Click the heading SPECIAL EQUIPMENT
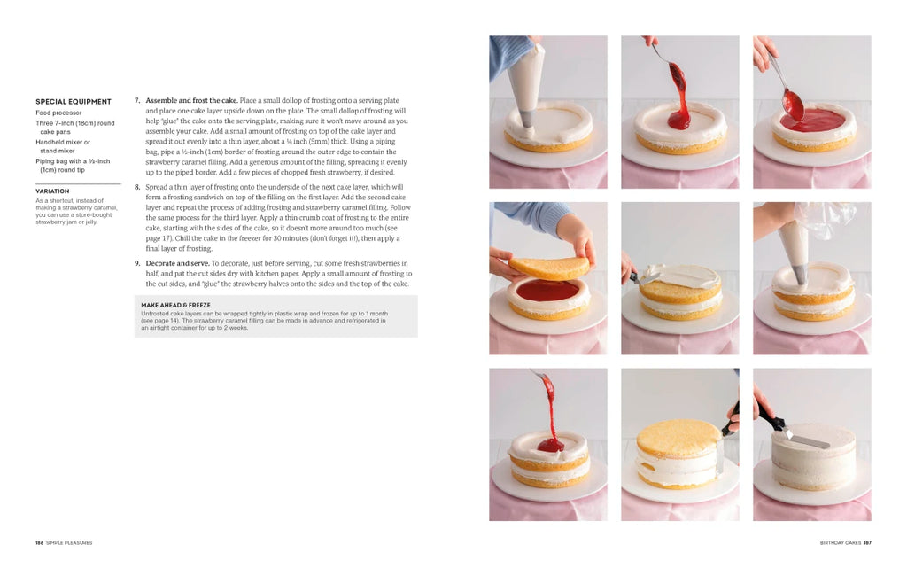coord(74,102)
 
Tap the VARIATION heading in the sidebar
coord(52,191)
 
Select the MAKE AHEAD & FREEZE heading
coord(176,306)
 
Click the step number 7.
coord(137,101)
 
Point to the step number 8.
coord(137,187)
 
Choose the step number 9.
coord(137,264)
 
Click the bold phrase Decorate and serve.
coord(177,264)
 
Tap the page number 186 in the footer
coord(39,543)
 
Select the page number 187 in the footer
coord(868,543)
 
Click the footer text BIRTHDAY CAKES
coord(841,543)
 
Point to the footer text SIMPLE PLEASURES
coord(69,543)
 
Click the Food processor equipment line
coord(58,113)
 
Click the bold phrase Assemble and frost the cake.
coord(191,101)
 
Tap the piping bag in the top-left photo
coord(526,81)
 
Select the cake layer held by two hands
coord(549,268)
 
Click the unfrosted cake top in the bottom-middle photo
coord(679,437)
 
